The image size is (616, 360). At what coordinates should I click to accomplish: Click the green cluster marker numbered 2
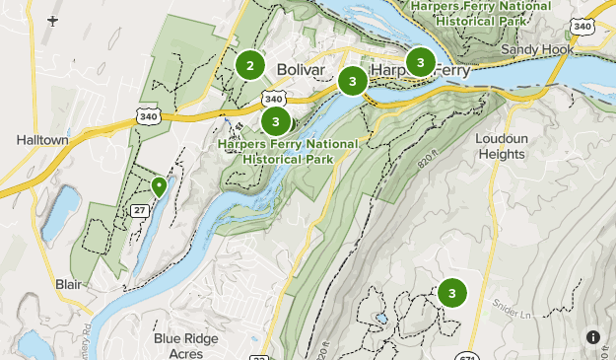click(250, 65)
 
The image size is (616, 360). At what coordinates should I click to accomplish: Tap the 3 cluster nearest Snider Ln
click(452, 293)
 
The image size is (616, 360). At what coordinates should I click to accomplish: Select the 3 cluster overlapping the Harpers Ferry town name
click(421, 63)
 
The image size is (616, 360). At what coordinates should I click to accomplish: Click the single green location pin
click(159, 185)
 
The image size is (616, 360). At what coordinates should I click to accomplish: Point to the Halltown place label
click(42, 141)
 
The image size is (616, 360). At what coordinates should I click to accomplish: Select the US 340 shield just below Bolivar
click(274, 99)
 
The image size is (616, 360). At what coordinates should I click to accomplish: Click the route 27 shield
click(139, 209)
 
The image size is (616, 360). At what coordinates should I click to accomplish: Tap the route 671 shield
click(468, 355)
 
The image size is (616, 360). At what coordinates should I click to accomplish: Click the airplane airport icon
click(52, 20)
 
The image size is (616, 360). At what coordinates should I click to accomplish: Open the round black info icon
click(592, 337)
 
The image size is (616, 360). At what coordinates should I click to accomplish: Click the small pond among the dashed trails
click(380, 319)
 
